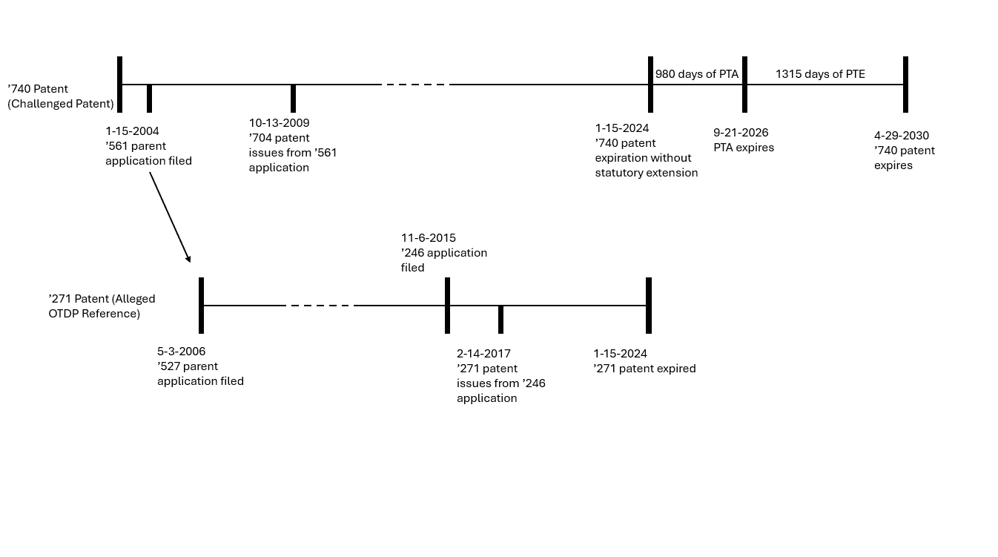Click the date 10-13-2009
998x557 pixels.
click(279, 123)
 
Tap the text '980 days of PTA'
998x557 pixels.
click(697, 74)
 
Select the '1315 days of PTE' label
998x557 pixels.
click(820, 74)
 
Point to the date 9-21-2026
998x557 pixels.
click(741, 133)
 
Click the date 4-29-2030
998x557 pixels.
click(902, 136)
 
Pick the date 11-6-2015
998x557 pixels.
click(429, 238)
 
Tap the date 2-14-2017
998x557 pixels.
click(483, 354)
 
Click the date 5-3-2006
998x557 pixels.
click(181, 352)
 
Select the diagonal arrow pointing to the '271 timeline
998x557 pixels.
click(170, 217)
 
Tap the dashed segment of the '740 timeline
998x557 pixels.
click(415, 85)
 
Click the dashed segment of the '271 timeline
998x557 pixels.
click(320, 306)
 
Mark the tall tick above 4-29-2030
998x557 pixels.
click(905, 84)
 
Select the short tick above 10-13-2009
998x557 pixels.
click(293, 98)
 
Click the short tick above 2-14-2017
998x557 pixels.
click(501, 319)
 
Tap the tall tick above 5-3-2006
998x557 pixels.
click(201, 306)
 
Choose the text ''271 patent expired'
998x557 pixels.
click(644, 369)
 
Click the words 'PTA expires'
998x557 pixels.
click(744, 148)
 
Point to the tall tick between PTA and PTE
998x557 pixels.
click(744, 84)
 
